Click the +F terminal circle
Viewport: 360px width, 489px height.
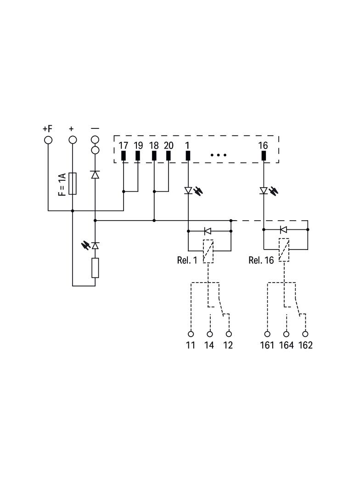point(48,140)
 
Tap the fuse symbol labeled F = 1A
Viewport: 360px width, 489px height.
point(73,183)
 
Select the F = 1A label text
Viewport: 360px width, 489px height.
point(62,184)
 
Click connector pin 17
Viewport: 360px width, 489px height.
point(124,156)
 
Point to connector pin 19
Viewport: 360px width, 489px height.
point(138,156)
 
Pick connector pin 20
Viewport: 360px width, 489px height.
point(169,156)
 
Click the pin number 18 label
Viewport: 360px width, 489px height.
point(154,145)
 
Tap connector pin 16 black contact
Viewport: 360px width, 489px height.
point(264,156)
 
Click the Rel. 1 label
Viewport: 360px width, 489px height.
point(187,260)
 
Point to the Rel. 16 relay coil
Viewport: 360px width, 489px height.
point(284,250)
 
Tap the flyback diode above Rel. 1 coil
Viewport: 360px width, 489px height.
point(207,231)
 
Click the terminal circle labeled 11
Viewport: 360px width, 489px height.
point(191,334)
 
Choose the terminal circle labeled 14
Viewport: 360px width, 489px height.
point(210,334)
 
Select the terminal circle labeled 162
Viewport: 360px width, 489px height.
point(305,334)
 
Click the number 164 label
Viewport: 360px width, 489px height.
point(287,345)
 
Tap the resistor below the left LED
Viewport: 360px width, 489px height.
point(95,268)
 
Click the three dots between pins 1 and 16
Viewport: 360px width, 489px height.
point(219,155)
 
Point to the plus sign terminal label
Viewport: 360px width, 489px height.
point(72,128)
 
